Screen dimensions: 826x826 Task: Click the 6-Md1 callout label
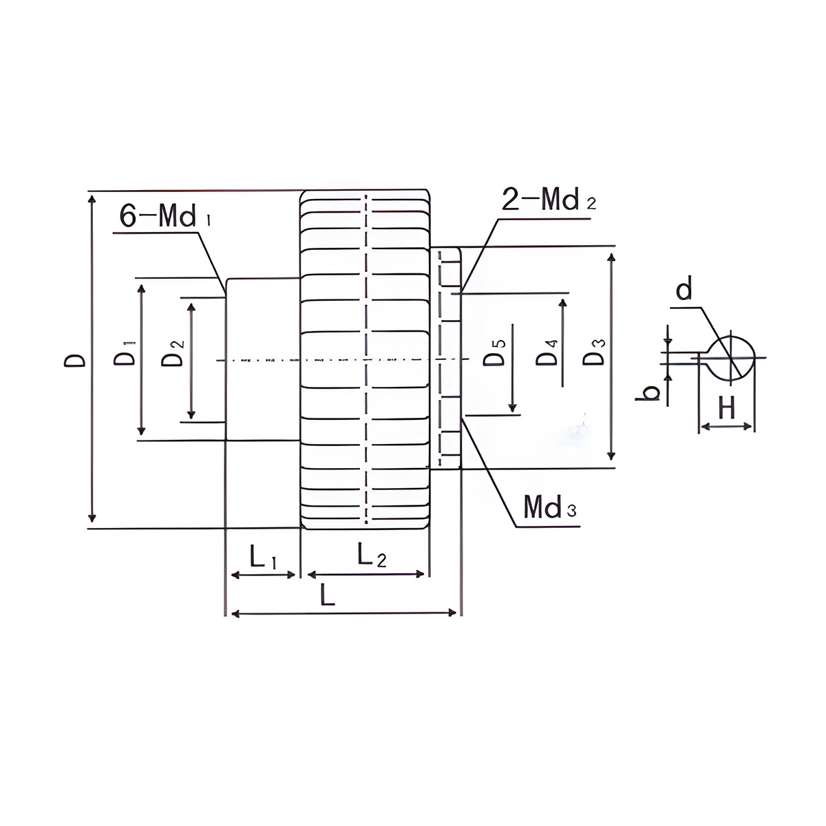pyautogui.click(x=165, y=215)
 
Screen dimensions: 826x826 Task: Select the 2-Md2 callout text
pyautogui.click(x=549, y=199)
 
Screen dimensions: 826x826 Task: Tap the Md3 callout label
pyautogui.click(x=550, y=507)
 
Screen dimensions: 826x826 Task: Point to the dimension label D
pyautogui.click(x=75, y=361)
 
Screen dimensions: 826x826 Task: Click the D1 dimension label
pyautogui.click(x=125, y=353)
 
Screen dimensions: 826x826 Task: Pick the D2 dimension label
pyautogui.click(x=173, y=353)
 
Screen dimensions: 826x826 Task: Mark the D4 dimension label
pyautogui.click(x=547, y=352)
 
